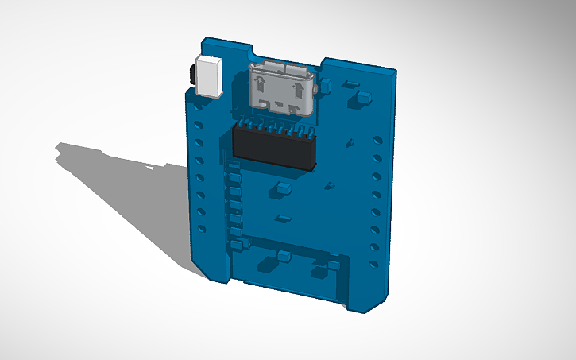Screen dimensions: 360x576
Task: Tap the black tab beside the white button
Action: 193,75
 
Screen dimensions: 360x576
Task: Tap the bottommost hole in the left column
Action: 202,229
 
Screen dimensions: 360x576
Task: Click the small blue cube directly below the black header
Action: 282,189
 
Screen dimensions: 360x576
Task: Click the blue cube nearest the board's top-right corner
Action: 362,99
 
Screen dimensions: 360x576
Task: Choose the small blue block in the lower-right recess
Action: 335,261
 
